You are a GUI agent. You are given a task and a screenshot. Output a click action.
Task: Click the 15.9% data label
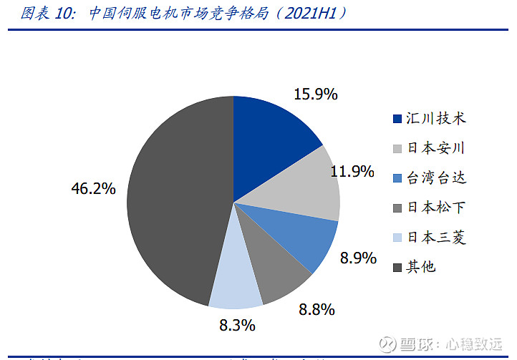click(x=316, y=94)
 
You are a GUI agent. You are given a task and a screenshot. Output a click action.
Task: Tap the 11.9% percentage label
click(x=353, y=171)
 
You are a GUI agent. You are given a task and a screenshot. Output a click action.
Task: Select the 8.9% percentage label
click(x=358, y=258)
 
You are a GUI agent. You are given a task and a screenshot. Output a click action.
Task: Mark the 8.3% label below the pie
click(x=237, y=326)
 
